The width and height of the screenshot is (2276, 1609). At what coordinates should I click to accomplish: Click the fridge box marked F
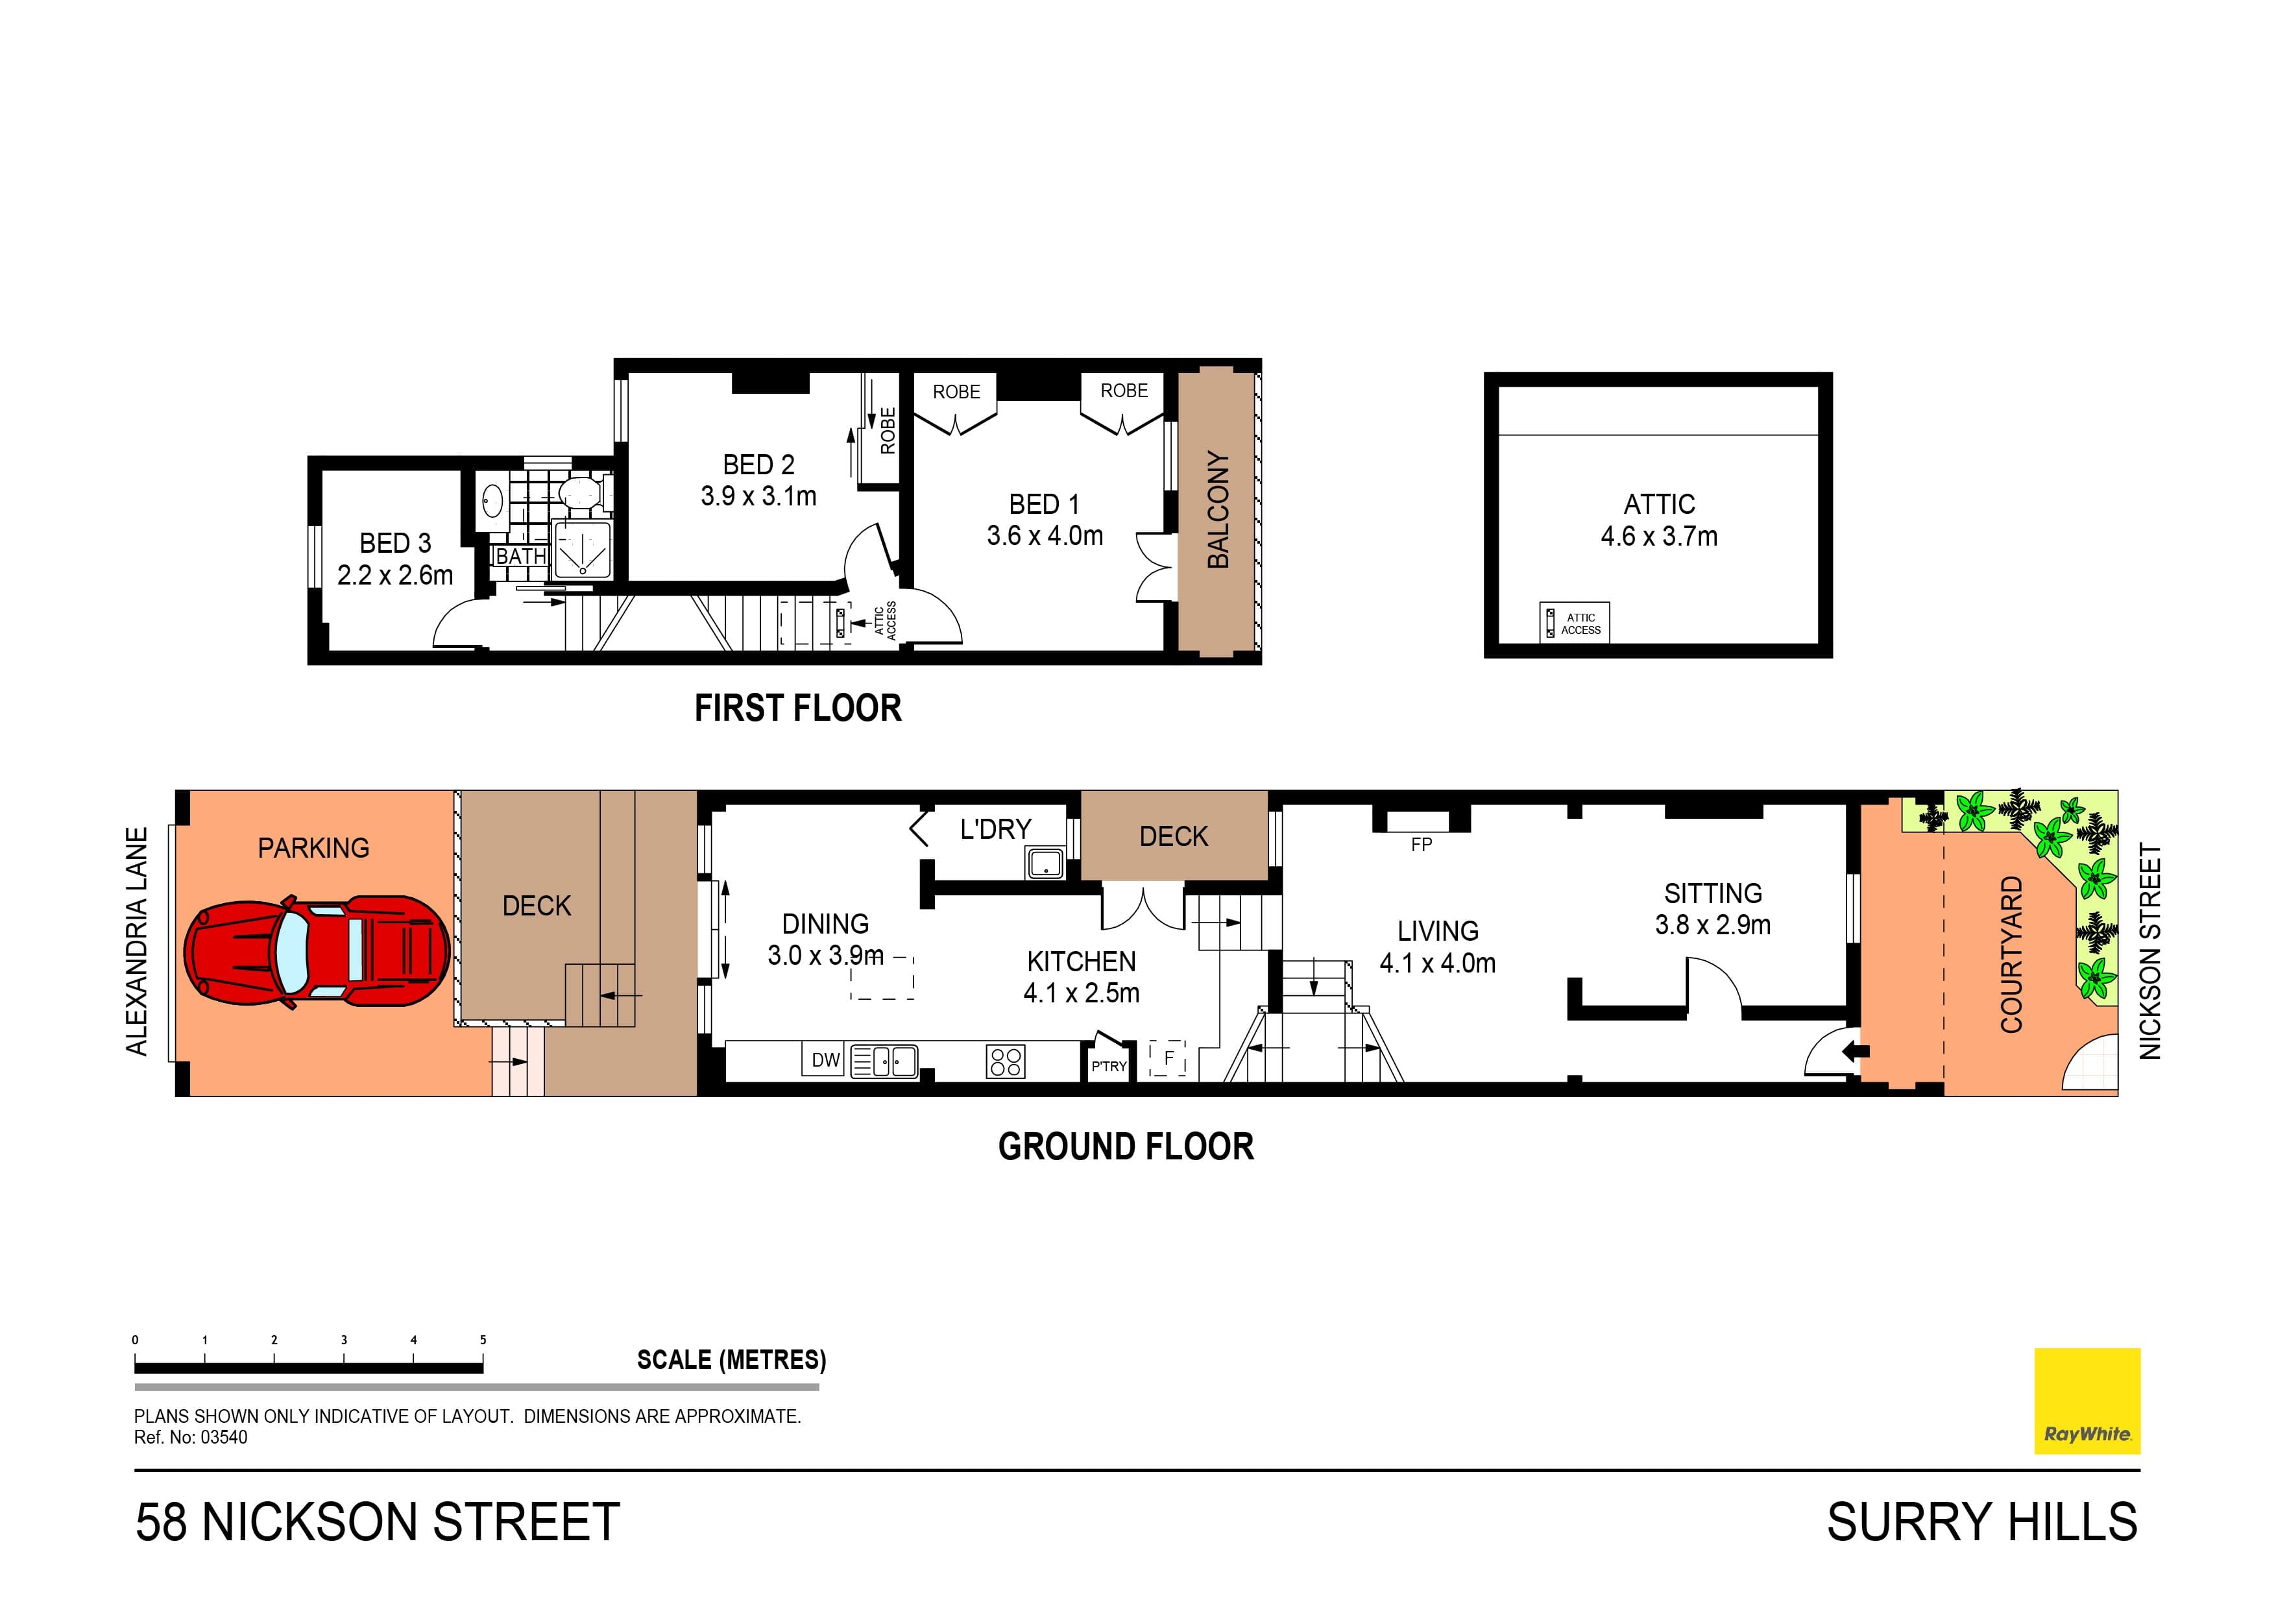coord(1168,1059)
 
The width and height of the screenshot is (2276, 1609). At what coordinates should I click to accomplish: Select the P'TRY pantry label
coord(1108,1067)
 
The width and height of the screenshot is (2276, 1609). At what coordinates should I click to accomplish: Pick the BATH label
coord(520,556)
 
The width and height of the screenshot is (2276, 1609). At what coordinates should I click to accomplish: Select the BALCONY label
coord(1217,509)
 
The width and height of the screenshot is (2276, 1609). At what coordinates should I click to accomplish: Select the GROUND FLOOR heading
coord(1125,1147)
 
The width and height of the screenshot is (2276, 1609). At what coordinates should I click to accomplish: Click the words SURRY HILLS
coord(1981,1523)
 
